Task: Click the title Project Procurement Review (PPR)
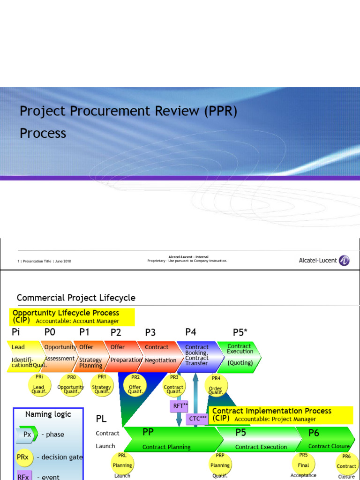click(x=128, y=112)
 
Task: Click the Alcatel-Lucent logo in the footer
click(x=324, y=261)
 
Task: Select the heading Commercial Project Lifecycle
click(x=76, y=298)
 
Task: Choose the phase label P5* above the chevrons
click(x=240, y=332)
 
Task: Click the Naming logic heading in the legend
click(x=48, y=414)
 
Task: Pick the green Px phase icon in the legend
click(x=27, y=435)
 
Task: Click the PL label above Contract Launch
click(x=101, y=419)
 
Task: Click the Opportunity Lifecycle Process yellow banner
click(x=72, y=316)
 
